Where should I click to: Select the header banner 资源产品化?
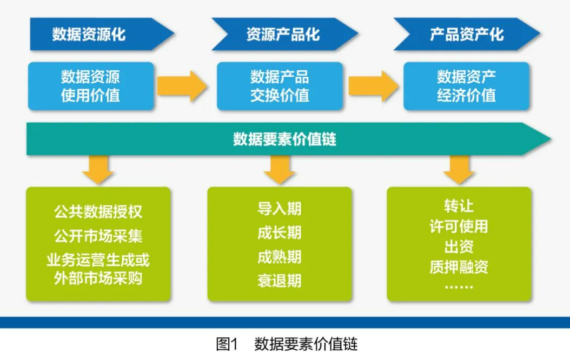[283, 35]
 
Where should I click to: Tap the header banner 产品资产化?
[466, 35]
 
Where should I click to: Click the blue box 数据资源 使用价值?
[90, 86]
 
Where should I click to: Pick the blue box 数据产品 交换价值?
[280, 86]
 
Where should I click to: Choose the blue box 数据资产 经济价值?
[466, 86]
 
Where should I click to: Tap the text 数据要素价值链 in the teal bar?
[284, 139]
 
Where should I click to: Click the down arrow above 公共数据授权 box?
[98, 169]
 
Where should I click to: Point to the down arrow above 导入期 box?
[280, 169]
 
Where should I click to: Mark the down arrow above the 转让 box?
[459, 169]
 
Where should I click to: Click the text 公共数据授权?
[98, 211]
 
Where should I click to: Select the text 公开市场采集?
[98, 236]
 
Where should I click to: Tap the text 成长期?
[280, 233]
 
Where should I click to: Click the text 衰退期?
[280, 281]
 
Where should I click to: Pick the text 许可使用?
[459, 226]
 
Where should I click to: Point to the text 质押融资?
[459, 267]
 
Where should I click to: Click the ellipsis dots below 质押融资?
[459, 286]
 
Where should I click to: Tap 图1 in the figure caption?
[227, 344]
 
